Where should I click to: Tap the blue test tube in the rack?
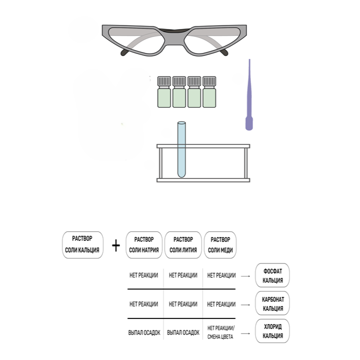181,149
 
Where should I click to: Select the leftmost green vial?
164,92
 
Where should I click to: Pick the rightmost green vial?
209,92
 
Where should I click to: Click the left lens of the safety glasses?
136,40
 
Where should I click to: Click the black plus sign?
116,245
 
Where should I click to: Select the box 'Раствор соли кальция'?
82,245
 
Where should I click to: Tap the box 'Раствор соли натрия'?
144,245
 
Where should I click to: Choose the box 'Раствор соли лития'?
183,245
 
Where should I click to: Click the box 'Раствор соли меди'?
220,245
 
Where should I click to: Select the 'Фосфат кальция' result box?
272,275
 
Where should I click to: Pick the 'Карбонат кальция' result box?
272,303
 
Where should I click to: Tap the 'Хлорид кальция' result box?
272,331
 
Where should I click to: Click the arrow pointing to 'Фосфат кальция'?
245,276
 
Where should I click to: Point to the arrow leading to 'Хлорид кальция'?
245,333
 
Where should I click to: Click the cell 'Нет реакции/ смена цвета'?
220,332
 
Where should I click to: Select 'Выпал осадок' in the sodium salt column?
144,332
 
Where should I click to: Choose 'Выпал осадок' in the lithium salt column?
183,332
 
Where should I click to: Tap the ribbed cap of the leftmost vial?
164,81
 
